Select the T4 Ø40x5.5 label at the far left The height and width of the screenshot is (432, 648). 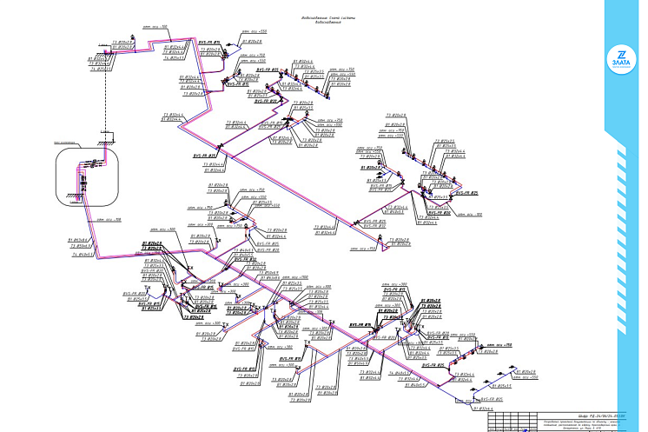[83, 256]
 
